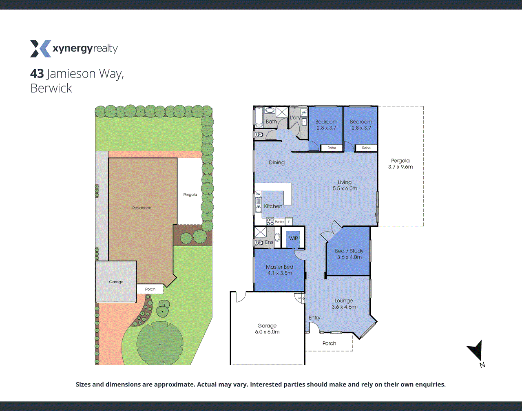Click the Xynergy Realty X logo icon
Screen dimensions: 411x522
[x=40, y=49]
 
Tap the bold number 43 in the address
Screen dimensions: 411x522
[x=37, y=74]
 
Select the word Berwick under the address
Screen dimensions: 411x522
[x=51, y=88]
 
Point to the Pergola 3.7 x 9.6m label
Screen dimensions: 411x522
[x=400, y=164]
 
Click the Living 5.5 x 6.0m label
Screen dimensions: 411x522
[x=345, y=186]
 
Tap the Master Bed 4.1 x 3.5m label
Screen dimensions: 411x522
[x=279, y=270]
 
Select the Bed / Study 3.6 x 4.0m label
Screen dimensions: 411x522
[x=349, y=254]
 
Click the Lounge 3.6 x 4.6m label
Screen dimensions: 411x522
[x=344, y=304]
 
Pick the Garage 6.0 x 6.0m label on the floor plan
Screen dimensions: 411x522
[x=267, y=329]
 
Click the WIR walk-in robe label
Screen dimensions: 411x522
[x=293, y=239]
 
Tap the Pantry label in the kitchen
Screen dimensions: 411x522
[x=279, y=222]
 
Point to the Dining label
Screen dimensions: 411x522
[x=276, y=163]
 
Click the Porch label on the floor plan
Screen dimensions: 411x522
[x=329, y=343]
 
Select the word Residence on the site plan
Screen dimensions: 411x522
[x=142, y=208]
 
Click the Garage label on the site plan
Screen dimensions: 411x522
[x=116, y=282]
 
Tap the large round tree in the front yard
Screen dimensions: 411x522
[x=159, y=343]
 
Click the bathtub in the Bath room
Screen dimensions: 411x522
[x=259, y=117]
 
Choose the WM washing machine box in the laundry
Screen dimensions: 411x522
[x=304, y=112]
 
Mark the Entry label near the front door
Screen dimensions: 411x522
[x=314, y=318]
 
